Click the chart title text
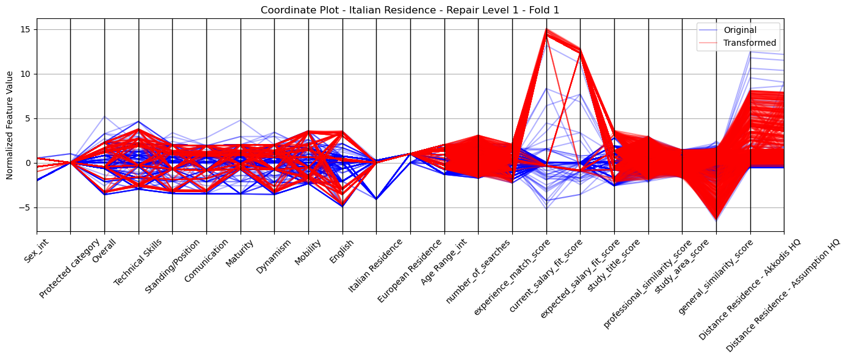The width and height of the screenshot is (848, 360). (410, 10)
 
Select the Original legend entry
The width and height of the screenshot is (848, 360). (740, 30)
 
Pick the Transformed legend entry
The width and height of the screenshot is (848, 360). (750, 43)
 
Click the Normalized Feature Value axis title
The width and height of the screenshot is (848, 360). (10, 125)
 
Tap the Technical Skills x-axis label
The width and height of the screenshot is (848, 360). (138, 262)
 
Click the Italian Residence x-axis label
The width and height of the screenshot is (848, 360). (375, 266)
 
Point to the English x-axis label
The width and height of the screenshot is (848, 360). (341, 251)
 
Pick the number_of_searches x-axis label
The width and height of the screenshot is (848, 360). (478, 272)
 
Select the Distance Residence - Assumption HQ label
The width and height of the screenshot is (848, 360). (783, 296)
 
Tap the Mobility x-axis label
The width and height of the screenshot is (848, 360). (307, 252)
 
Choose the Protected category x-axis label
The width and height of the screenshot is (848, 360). (70, 268)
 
